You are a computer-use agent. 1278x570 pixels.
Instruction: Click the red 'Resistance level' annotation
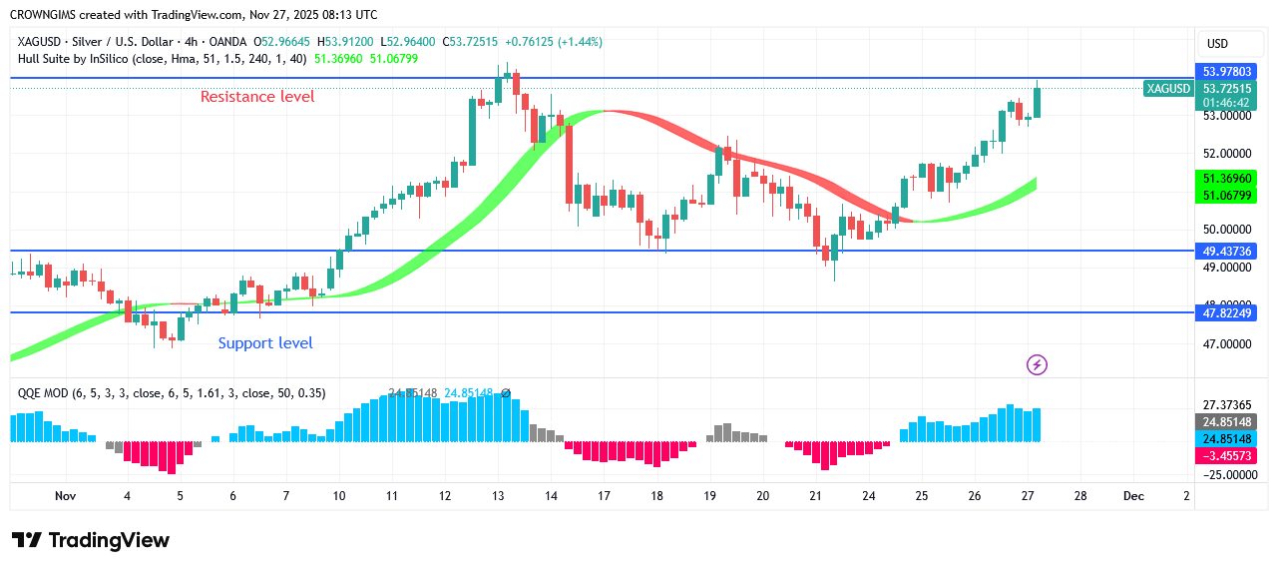click(257, 97)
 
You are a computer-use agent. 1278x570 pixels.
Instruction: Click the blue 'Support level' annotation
click(265, 343)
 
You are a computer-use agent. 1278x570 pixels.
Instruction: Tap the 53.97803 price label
click(1224, 71)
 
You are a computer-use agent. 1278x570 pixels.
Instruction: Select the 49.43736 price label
click(1224, 251)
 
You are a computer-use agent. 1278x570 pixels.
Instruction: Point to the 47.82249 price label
click(1224, 313)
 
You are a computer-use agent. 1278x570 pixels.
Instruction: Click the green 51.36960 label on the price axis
click(1224, 179)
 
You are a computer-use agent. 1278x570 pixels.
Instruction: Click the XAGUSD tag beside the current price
click(1168, 89)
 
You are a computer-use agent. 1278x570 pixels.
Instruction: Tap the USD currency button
click(1217, 44)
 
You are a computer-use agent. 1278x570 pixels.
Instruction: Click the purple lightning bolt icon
click(1037, 365)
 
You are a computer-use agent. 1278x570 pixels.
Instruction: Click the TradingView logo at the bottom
click(91, 540)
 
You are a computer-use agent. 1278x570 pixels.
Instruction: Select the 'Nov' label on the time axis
click(66, 496)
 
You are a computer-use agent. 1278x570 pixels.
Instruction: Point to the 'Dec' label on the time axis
click(1133, 496)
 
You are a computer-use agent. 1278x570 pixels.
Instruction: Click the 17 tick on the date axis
click(604, 496)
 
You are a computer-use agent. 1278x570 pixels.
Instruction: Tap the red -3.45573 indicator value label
click(1224, 455)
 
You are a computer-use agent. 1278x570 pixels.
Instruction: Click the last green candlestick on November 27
click(1038, 103)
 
